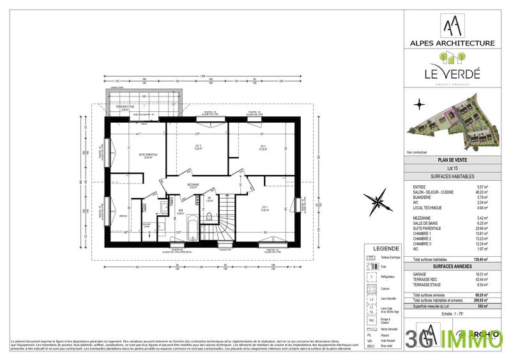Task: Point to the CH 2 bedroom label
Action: (262, 148)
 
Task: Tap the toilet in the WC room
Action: (209, 217)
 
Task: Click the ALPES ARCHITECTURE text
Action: (452, 43)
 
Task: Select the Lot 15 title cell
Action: (452, 168)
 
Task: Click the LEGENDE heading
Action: (386, 249)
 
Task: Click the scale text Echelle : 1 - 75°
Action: (452, 314)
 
